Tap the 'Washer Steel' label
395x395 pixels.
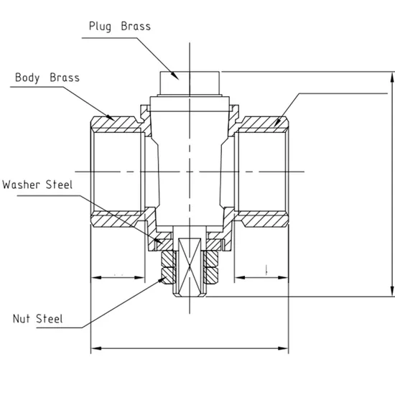[37, 184]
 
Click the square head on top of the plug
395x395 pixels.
[187, 83]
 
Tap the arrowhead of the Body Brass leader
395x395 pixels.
[111, 118]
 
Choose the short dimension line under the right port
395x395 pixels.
[262, 276]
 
